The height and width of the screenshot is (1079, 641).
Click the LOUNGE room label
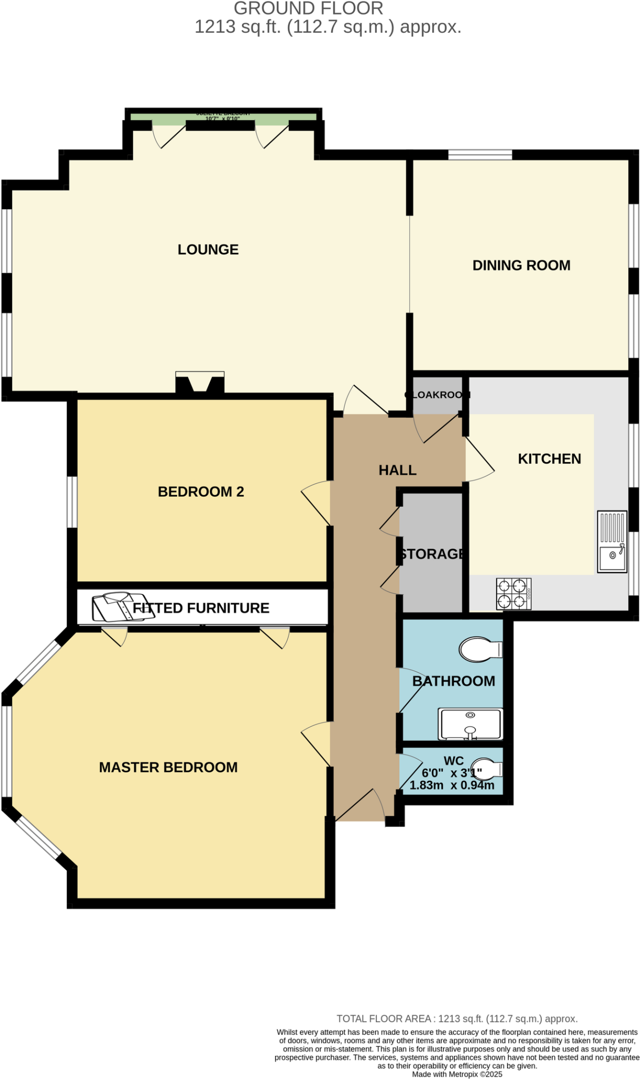coord(208,249)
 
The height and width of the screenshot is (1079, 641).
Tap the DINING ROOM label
coord(521,265)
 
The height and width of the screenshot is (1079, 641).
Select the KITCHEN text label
coord(549,458)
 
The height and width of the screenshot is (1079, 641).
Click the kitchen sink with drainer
coord(612,541)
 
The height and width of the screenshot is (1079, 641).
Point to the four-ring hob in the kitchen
coord(513,594)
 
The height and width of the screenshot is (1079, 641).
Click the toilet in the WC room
coord(486,769)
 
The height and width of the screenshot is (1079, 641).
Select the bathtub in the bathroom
coord(470,724)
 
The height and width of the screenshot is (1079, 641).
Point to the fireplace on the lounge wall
coord(200,382)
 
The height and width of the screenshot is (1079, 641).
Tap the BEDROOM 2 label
coord(201,492)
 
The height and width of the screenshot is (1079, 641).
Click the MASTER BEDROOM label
coord(168,767)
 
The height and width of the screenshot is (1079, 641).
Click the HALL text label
coord(397,470)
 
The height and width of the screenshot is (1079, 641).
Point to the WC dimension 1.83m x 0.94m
coord(452,785)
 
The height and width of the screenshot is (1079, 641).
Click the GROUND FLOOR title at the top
coord(308,8)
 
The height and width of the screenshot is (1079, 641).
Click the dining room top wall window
coord(480,154)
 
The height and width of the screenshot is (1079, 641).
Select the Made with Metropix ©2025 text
coord(457,1074)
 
